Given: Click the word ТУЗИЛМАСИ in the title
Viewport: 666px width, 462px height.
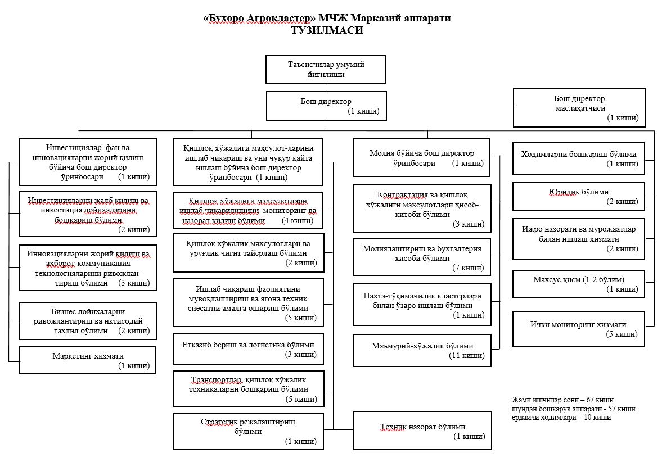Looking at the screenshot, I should pos(327,30).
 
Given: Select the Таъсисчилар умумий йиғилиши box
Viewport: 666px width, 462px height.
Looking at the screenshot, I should pos(326,69).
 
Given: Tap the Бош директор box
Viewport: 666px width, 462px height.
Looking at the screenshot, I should pos(326,106).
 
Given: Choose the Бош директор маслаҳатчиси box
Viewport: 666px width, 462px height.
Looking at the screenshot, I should pos(579,107).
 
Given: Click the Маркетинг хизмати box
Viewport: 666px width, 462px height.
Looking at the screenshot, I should pos(88,360).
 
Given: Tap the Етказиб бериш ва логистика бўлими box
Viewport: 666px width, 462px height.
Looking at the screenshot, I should pos(248,349).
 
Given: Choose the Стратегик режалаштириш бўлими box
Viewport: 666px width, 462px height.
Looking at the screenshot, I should pos(248,431).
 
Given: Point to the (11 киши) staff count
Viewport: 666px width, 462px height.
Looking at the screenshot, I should pos(466,355).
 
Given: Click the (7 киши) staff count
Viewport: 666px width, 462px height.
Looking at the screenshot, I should pos(468,268).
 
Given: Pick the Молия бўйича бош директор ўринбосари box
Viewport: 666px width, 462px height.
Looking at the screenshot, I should pos(422,158).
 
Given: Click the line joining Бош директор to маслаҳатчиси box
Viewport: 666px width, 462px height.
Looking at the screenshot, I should pos(450,106).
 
